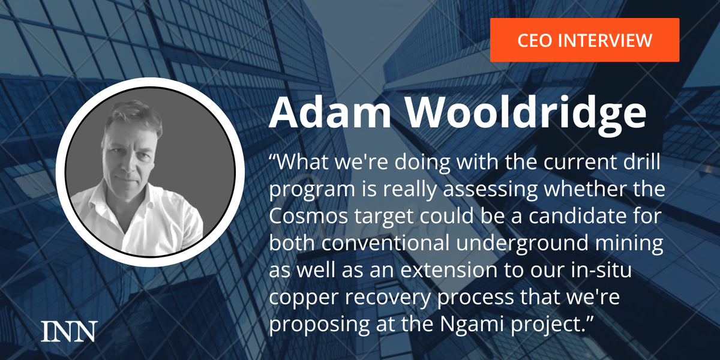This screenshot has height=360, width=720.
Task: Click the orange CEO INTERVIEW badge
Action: [584, 40]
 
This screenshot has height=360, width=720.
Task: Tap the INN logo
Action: [69, 331]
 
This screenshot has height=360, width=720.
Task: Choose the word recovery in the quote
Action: [388, 298]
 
